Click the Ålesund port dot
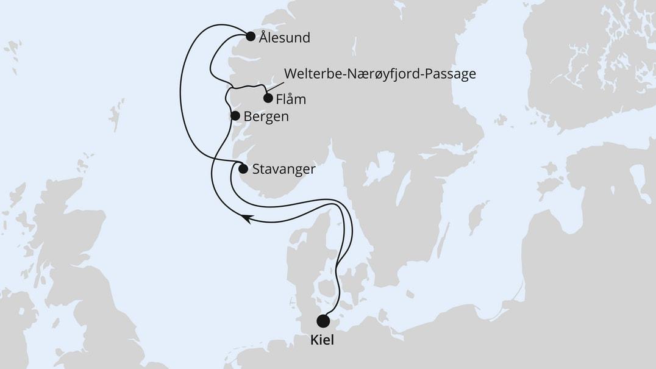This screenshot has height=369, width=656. [250, 36]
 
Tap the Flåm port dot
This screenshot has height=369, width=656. [267, 98]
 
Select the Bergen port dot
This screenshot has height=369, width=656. [235, 115]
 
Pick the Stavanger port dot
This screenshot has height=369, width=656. [243, 169]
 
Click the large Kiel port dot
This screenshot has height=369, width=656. [323, 321]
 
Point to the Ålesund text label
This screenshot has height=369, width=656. [284, 37]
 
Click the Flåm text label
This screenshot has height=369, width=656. [291, 98]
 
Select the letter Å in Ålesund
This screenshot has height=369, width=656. [263, 37]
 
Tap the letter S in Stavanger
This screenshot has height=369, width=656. [257, 170]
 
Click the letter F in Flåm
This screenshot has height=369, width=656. [279, 98]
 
